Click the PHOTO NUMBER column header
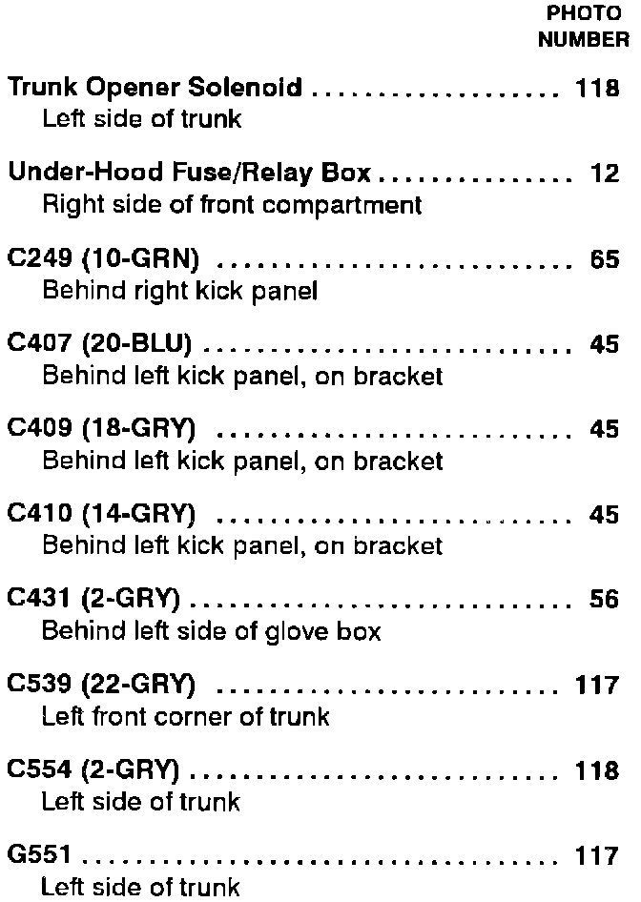(x=583, y=27)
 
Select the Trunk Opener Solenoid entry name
(x=155, y=90)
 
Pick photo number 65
(x=605, y=260)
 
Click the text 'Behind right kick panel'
(x=179, y=291)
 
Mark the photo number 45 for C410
(x=605, y=515)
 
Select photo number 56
(x=605, y=600)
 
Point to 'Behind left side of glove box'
(x=211, y=631)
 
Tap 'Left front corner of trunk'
(x=185, y=716)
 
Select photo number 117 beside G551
(x=598, y=855)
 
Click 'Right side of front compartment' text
(x=232, y=205)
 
